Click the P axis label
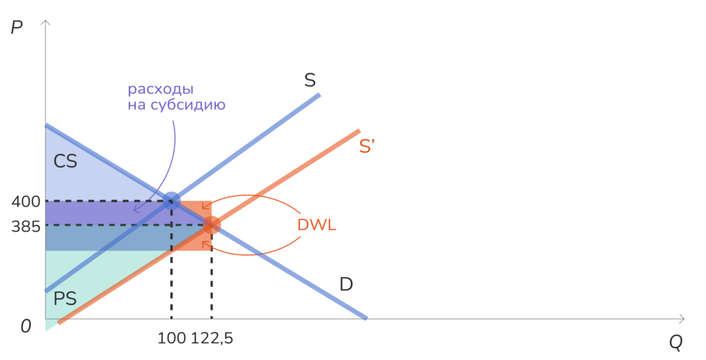pos(17,28)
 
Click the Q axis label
pos(675,343)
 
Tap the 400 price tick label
pos(26,201)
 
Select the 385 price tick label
pos(26,226)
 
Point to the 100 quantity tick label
pos(172,338)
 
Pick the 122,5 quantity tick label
pos(212,338)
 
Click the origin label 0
pos(26,326)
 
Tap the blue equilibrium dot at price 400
pos(171,201)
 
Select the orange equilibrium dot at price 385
pos(212,225)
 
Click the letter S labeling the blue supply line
pos(310,80)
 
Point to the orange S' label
pos(367,146)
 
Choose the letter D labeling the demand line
pos(346,284)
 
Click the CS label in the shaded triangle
pos(65,161)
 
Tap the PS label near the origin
pos(65,298)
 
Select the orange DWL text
pos(317,225)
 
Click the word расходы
pos(161,90)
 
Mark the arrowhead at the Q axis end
pos(680,319)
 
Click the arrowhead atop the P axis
pos(46,23)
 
